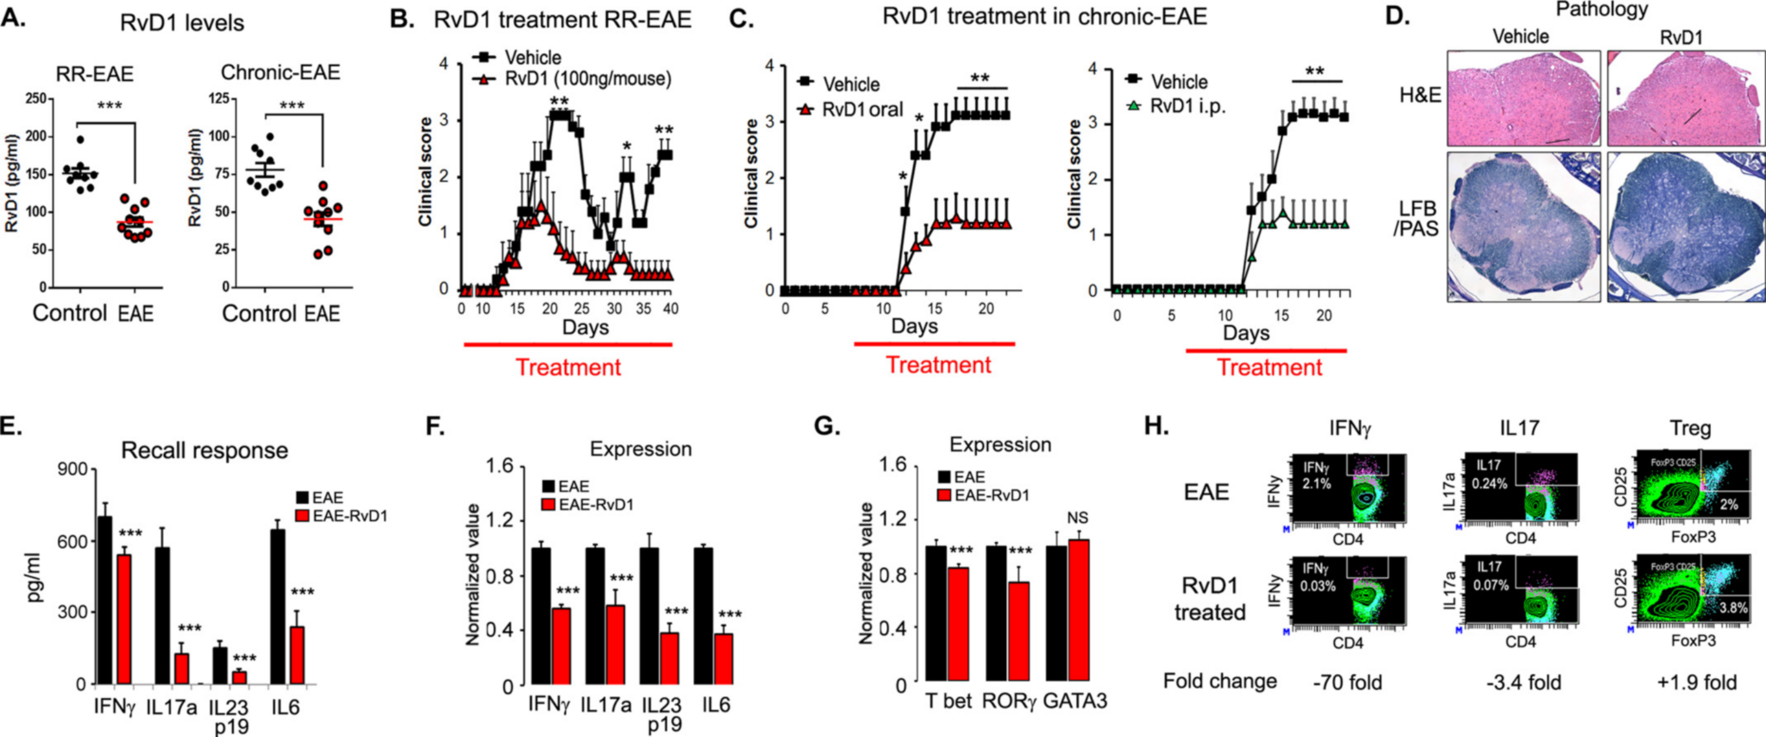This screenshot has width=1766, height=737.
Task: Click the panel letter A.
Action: click(x=14, y=18)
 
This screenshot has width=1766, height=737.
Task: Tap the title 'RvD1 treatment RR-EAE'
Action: click(x=562, y=19)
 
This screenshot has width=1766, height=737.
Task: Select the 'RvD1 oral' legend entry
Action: click(x=862, y=109)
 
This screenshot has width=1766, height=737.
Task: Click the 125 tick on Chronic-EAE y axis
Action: click(x=218, y=99)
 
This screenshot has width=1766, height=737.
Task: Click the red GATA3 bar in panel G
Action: click(x=1079, y=611)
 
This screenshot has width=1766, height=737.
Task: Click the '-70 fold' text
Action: click(x=1347, y=683)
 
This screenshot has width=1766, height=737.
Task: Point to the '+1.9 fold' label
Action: click(x=1697, y=683)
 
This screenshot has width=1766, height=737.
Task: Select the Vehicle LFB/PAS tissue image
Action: click(x=1523, y=236)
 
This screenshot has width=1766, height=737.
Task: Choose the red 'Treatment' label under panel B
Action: click(x=568, y=368)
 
